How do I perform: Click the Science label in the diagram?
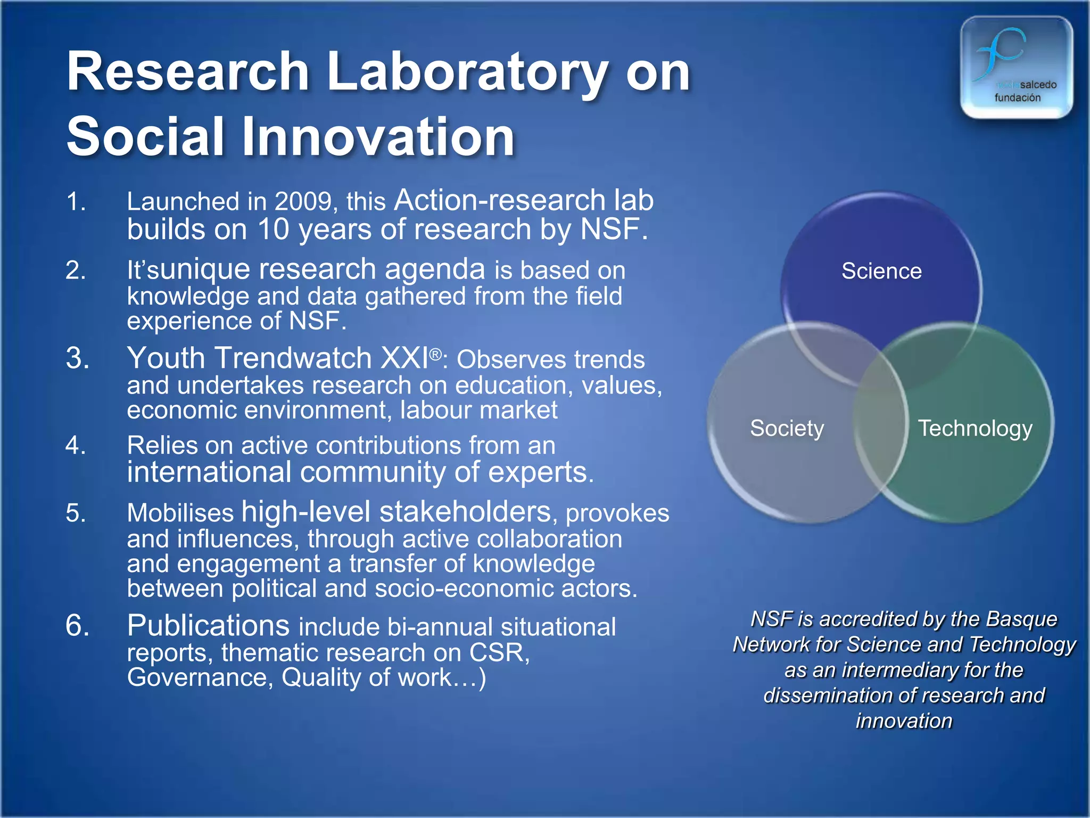click(x=881, y=272)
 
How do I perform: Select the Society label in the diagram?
click(x=787, y=429)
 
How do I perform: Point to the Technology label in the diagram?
click(x=975, y=429)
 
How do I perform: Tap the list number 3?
click(x=77, y=358)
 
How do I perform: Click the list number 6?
click(x=77, y=626)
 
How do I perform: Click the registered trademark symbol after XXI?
click(x=435, y=354)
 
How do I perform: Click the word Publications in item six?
click(x=208, y=626)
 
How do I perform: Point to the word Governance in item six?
click(x=199, y=678)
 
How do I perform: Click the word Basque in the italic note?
click(x=1021, y=619)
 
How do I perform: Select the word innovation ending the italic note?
click(x=904, y=721)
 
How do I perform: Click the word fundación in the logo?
click(x=1017, y=98)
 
